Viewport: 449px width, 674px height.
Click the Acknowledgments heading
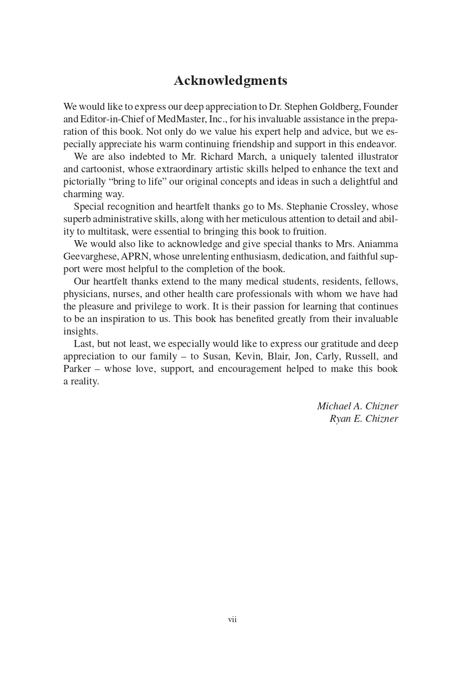tap(230, 81)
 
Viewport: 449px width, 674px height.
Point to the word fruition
tap(308, 232)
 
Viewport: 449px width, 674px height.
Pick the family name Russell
tap(361, 356)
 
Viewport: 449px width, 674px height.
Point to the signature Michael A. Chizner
tap(358, 406)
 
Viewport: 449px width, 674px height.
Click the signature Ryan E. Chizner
tap(364, 419)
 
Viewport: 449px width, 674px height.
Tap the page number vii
tap(232, 620)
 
